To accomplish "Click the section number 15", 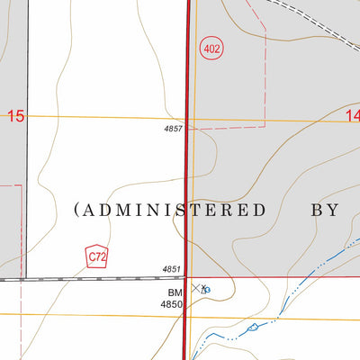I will click(x=15, y=116).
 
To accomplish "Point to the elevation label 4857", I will click(x=173, y=130).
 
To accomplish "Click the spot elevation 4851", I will click(x=172, y=269).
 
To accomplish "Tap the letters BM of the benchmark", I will click(x=175, y=292).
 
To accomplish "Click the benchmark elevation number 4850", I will click(x=172, y=305).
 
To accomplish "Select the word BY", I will click(x=324, y=210).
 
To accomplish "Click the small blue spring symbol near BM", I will click(x=207, y=291).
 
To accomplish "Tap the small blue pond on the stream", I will click(x=253, y=326).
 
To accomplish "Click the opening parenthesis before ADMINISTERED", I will click(x=76, y=210).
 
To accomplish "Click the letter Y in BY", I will click(x=333, y=210).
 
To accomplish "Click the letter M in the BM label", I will click(x=178, y=292).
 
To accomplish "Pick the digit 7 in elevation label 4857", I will click(x=181, y=130).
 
